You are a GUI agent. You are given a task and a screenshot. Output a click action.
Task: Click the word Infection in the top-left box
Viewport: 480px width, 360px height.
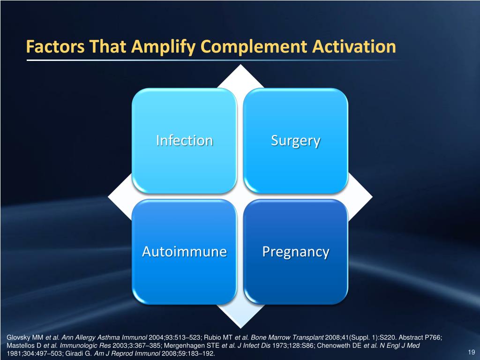tap(184, 140)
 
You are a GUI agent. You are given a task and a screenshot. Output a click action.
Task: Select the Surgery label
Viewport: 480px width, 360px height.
tap(295, 140)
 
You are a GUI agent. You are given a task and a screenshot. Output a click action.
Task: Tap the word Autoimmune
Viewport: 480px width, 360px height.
tap(184, 252)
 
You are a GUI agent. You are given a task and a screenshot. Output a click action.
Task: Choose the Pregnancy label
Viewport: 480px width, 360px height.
tap(295, 252)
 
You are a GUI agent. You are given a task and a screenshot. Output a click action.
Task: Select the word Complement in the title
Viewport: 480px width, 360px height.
tap(254, 47)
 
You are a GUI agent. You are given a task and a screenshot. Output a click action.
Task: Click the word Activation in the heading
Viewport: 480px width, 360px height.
tap(352, 47)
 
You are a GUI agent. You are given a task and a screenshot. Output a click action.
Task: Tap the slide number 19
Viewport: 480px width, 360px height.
tap(472, 352)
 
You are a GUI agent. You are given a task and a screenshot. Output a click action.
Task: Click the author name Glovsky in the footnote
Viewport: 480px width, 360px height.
tap(19, 337)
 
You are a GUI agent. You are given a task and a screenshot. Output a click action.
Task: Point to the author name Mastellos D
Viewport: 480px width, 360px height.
tap(24, 345)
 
